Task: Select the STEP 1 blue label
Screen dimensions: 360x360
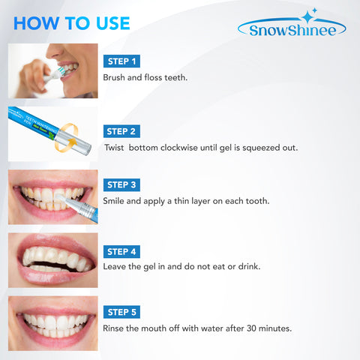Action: click(121, 60)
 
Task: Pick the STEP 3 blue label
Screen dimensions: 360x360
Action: click(121, 184)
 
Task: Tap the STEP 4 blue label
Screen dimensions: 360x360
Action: click(121, 251)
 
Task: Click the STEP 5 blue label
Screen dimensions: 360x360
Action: click(121, 311)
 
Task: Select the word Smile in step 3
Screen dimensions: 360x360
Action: click(115, 201)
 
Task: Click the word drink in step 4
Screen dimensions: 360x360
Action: click(250, 267)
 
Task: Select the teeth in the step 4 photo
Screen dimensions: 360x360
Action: click(56, 259)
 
